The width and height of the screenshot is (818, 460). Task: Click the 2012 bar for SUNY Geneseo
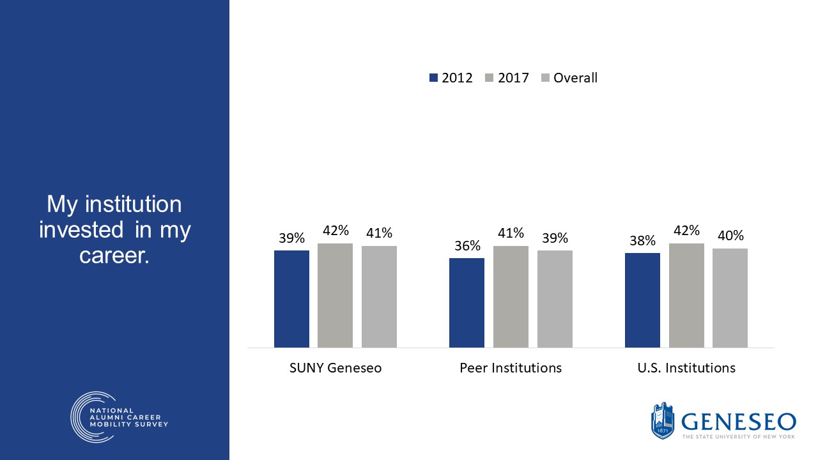(x=291, y=299)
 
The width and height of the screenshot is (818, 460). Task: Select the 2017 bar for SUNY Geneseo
(x=335, y=295)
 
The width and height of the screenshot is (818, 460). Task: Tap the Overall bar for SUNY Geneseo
(x=379, y=296)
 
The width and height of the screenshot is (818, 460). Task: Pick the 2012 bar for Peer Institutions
(x=467, y=303)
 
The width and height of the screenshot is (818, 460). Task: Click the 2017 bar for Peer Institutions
(x=511, y=296)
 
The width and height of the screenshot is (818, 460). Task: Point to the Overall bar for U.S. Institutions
(x=730, y=298)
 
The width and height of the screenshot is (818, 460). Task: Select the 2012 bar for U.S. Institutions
(x=642, y=300)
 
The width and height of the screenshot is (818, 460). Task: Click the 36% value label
(x=467, y=246)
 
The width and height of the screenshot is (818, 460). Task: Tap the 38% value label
(x=642, y=241)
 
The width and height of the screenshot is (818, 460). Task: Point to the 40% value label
(x=730, y=236)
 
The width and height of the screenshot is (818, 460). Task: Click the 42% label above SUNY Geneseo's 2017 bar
(x=335, y=231)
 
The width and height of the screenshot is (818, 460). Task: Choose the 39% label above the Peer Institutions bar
(x=555, y=238)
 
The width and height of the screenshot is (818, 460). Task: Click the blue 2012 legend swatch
(x=434, y=78)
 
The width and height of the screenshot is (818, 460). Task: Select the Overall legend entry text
(x=575, y=78)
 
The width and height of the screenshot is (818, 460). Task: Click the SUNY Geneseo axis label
(x=335, y=369)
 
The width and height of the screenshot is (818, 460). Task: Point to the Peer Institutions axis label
(x=511, y=369)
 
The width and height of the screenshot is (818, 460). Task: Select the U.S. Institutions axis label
(x=686, y=369)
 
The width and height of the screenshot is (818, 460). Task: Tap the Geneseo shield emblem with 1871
(x=663, y=421)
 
